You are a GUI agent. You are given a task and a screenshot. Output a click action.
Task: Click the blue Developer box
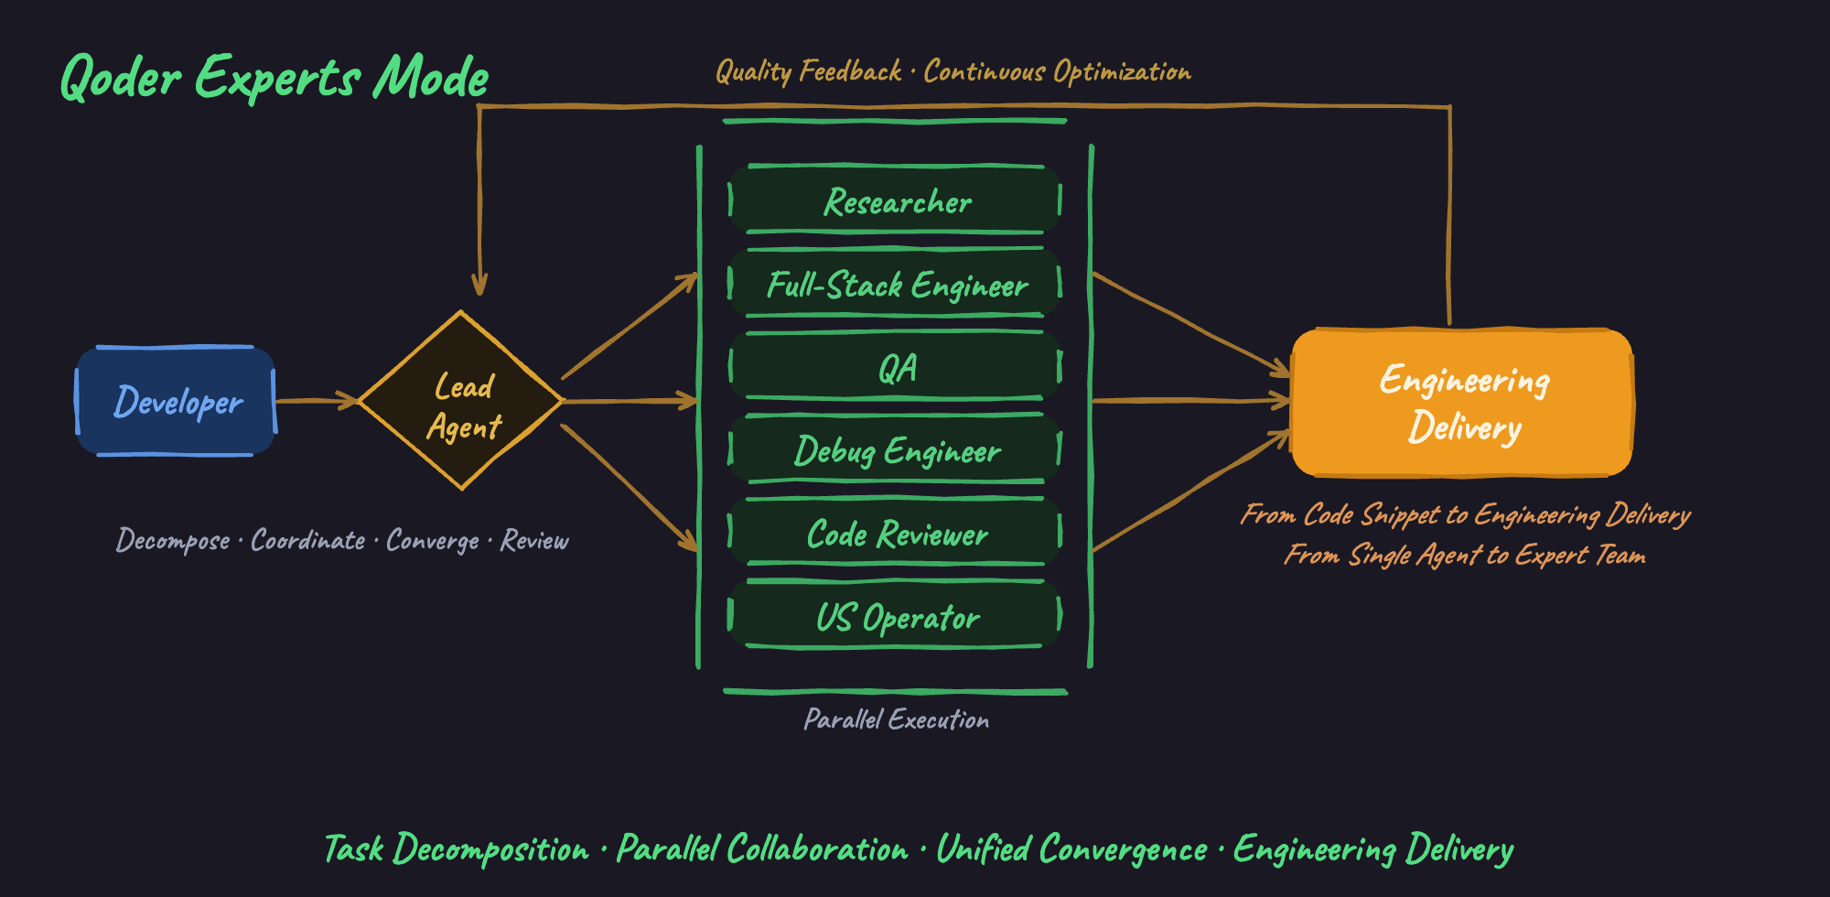pos(176,401)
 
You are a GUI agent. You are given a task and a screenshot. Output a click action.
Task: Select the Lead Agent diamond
pos(461,401)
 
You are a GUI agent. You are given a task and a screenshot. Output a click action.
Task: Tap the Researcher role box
pos(896,200)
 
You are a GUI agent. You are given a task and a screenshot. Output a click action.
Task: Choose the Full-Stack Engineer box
pos(896,283)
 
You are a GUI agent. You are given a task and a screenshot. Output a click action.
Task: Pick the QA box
pos(896,366)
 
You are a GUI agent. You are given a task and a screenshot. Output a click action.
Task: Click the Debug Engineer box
pos(896,449)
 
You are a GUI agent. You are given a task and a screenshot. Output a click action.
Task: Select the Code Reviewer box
pos(896,533)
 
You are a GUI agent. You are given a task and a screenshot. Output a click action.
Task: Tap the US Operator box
pos(896,615)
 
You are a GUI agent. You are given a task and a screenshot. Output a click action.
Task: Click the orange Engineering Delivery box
pos(1462,403)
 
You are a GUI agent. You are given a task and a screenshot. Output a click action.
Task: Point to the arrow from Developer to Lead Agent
pos(317,400)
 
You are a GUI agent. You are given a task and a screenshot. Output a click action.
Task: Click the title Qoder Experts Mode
pos(274,77)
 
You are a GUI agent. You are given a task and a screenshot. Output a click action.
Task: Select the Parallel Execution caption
pos(897,720)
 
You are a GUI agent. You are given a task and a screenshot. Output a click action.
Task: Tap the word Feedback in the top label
pos(850,71)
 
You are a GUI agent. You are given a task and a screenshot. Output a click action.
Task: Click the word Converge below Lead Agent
pos(433,541)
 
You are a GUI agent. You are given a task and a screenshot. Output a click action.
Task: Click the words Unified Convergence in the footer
pos(1072,849)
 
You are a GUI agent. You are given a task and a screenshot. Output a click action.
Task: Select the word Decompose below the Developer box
pos(173,541)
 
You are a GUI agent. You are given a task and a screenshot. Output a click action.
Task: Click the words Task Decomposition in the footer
pos(457,849)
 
